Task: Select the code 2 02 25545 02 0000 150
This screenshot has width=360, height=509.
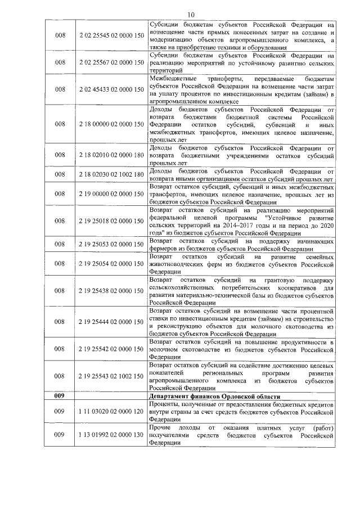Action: pyautogui.click(x=112, y=37)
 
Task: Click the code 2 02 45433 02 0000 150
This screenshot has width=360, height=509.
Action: pyautogui.click(x=112, y=89)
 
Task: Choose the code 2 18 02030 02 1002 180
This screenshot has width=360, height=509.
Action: pyautogui.click(x=112, y=175)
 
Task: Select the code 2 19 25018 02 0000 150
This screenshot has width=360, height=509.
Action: pyautogui.click(x=112, y=222)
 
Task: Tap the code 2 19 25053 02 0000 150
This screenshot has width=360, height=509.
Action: pyautogui.click(x=112, y=245)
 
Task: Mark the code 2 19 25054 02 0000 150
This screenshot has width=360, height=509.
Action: pyautogui.click(x=112, y=264)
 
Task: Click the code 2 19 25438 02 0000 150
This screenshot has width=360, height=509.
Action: pyautogui.click(x=112, y=291)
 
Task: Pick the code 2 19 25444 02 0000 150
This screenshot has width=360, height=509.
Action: pyautogui.click(x=112, y=322)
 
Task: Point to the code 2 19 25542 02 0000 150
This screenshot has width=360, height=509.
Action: pyautogui.click(x=112, y=349)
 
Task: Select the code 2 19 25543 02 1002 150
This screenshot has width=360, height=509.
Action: pyautogui.click(x=112, y=376)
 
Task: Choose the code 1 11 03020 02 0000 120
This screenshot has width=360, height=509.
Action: pyautogui.click(x=112, y=412)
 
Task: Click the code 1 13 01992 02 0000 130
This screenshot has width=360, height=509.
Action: pyautogui.click(x=112, y=435)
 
